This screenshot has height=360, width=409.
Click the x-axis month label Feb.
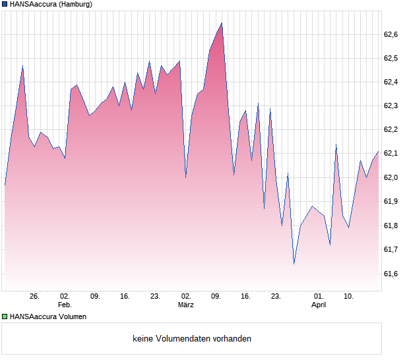pyautogui.click(x=64, y=305)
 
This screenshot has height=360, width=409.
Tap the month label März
pyautogui.click(x=186, y=305)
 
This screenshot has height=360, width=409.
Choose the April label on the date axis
pyautogui.click(x=319, y=305)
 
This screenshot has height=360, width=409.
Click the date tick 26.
pyautogui.click(x=34, y=296)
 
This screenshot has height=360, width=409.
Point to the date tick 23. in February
pyautogui.click(x=155, y=296)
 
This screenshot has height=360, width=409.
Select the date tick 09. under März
pyautogui.click(x=216, y=296)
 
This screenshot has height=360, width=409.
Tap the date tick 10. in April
pyautogui.click(x=349, y=296)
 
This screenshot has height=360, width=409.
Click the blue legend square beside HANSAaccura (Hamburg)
pyautogui.click(x=5, y=5)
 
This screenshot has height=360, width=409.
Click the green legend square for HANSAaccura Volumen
pyautogui.click(x=5, y=316)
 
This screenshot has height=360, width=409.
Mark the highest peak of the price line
pyautogui.click(x=222, y=23)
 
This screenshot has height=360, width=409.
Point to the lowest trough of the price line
pyautogui.click(x=294, y=264)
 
